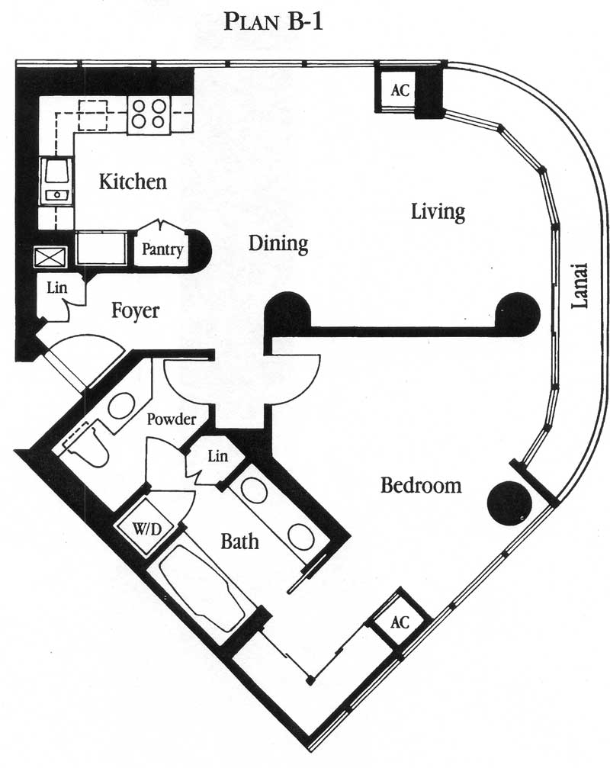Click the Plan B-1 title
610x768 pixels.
coord(273,22)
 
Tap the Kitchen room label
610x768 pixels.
coord(133,182)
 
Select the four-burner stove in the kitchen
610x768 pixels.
coord(149,114)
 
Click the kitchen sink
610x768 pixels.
coord(56,182)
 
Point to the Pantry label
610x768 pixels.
coord(162,249)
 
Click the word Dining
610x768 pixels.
coord(278,244)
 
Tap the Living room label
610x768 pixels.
coord(438,212)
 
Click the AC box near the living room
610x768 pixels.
coord(400,90)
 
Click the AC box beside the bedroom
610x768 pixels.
coord(400,622)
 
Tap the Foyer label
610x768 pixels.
coord(135,311)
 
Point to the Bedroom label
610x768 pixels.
coord(421,485)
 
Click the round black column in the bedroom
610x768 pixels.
coord(509,504)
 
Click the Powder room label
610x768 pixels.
coord(172,419)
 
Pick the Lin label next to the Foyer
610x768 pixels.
coord(56,288)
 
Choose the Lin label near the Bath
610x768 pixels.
coord(217,456)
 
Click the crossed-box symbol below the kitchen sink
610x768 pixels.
coord(50,257)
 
